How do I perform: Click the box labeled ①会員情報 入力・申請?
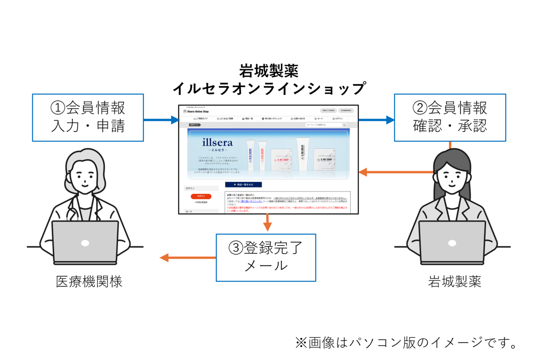click(88, 117)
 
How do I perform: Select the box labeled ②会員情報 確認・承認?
click(450, 117)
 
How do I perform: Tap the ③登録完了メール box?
click(266, 258)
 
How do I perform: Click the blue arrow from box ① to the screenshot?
click(162, 120)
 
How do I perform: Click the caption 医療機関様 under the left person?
click(89, 282)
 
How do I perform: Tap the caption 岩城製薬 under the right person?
click(455, 282)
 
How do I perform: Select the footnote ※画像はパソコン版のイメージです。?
click(407, 343)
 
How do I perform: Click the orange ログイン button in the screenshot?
click(201, 196)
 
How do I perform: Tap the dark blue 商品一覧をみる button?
click(243, 185)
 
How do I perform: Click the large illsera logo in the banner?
click(217, 143)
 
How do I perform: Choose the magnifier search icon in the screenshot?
click(344, 124)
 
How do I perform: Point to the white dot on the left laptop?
click(85, 243)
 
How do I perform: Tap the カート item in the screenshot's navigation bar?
click(319, 119)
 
